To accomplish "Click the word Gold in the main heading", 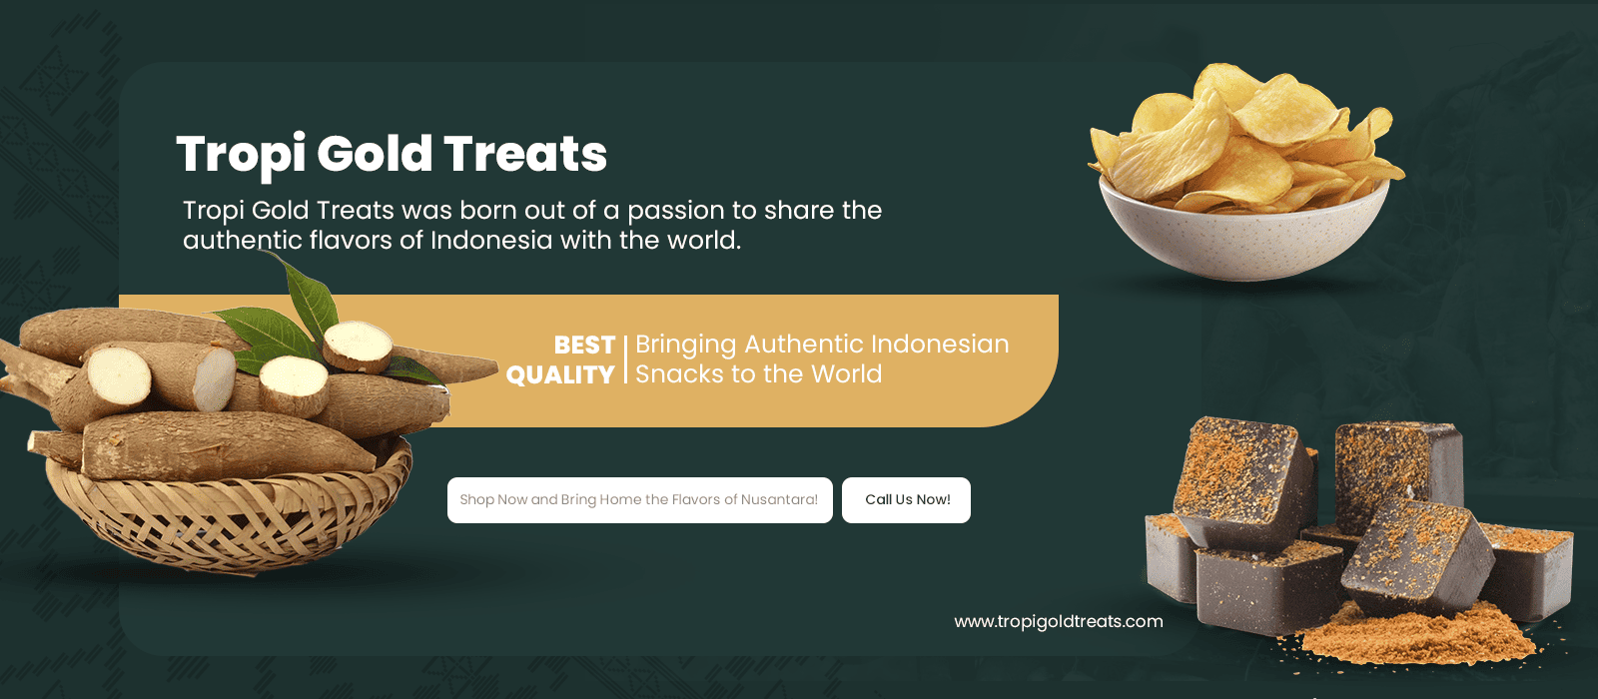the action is pos(375,154).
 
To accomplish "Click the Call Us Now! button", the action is pos(906,500).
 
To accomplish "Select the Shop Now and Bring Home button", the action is pos(640,500).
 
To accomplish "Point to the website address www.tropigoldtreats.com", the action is pos(1059,622).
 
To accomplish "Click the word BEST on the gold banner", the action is pos(584,346).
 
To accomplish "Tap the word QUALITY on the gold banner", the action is pos(560,375).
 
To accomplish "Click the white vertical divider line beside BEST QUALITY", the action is pos(625,359).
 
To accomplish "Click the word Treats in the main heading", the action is pos(525,154).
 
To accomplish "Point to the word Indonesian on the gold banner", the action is pos(940,344).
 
